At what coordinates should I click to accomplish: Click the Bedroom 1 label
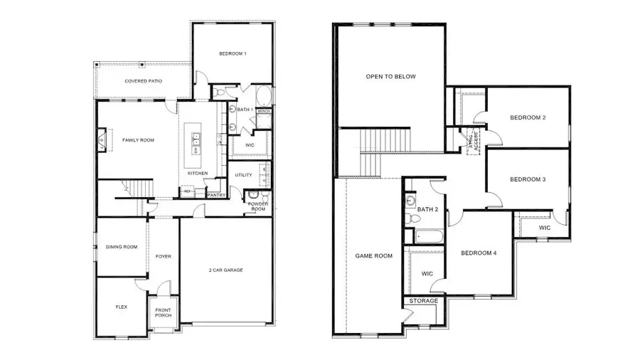tap(232, 53)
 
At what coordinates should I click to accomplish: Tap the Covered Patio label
tap(143, 82)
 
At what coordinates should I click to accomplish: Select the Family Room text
tap(137, 140)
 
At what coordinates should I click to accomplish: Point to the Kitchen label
tap(198, 174)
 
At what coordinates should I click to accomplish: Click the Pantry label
tap(216, 194)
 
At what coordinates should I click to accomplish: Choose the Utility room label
tap(243, 174)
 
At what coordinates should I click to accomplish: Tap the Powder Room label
tap(257, 206)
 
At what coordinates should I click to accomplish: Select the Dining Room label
tap(121, 247)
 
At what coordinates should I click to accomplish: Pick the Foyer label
tap(164, 256)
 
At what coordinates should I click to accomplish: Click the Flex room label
tap(121, 307)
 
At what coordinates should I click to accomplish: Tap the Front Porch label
tap(164, 311)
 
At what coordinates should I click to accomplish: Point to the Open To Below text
tap(390, 77)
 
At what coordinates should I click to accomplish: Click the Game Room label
tap(374, 255)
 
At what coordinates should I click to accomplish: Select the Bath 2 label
tap(427, 209)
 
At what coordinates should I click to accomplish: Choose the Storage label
tap(422, 301)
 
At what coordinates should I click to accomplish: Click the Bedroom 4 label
tap(479, 253)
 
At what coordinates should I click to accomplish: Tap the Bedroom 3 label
tap(528, 179)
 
